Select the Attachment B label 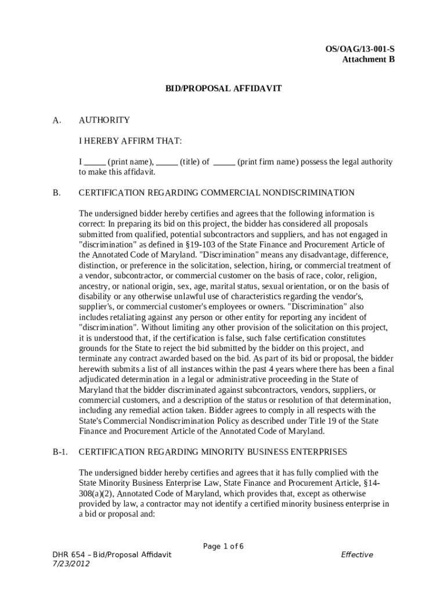369,59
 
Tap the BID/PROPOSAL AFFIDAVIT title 223,88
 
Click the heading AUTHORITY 104,120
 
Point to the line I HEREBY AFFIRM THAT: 131,141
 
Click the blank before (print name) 95,163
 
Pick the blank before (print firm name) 224,163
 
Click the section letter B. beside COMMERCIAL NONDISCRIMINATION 57,193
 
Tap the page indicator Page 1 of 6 223,546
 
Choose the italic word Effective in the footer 357,555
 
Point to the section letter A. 57,120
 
